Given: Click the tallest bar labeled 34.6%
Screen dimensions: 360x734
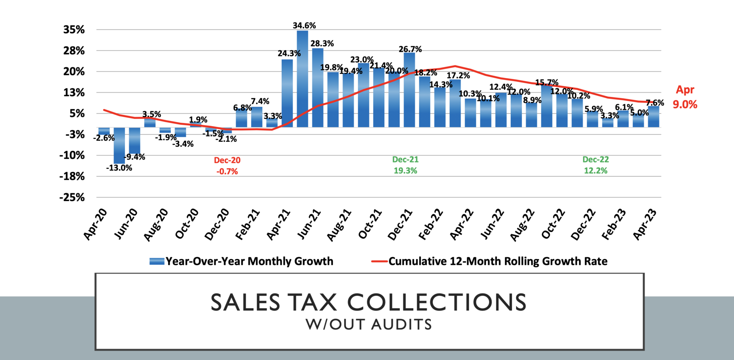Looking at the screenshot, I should (302, 78).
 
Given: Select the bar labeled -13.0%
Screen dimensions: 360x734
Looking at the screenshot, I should (119, 145).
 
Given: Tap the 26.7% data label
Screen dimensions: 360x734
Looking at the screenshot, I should (410, 49).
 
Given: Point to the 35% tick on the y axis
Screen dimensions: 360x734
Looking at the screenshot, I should (74, 30).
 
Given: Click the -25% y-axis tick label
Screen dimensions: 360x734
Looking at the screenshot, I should (72, 198).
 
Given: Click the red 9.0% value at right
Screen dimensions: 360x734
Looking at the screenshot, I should (685, 104).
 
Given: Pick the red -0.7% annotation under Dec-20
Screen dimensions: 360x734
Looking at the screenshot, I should (227, 172).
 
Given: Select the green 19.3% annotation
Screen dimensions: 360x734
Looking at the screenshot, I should (405, 171).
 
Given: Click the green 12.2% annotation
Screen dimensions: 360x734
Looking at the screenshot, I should (595, 171).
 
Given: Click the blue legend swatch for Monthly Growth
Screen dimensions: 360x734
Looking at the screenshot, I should (157, 261).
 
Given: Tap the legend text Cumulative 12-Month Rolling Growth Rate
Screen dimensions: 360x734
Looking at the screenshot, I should (498, 261).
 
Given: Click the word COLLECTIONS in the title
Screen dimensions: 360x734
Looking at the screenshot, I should (437, 302).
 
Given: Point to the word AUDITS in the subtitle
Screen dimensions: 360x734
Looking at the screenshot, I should (401, 325).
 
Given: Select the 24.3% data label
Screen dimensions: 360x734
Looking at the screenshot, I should (289, 54).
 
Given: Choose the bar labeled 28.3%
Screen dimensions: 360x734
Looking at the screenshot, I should (318, 88).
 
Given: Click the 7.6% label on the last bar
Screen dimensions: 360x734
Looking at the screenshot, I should (655, 103).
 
